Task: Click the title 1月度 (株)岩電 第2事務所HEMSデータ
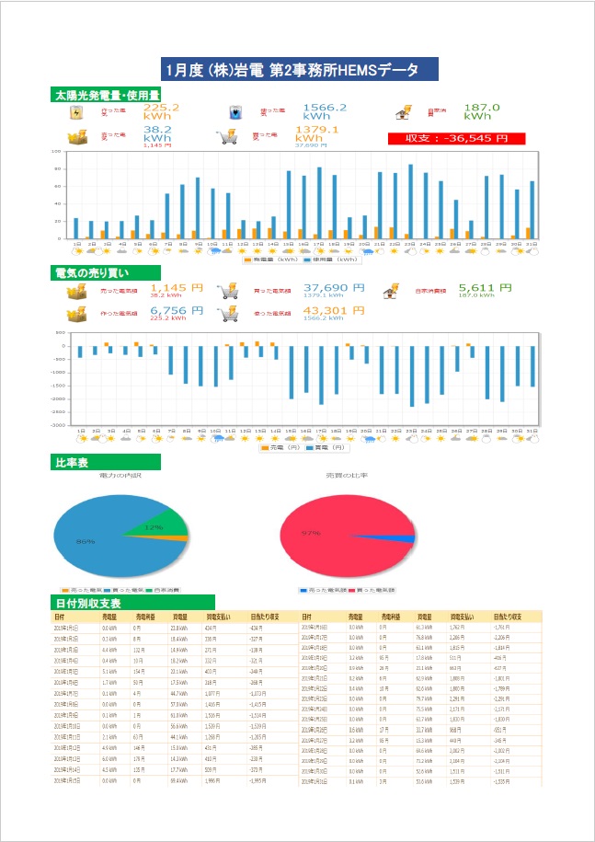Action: pyautogui.click(x=296, y=70)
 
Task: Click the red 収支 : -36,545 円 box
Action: pyautogui.click(x=457, y=139)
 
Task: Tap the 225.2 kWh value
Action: pyautogui.click(x=162, y=111)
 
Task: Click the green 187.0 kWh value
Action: pyautogui.click(x=482, y=111)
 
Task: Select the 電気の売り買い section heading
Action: pyautogui.click(x=98, y=273)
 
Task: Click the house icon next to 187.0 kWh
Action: pyautogui.click(x=402, y=114)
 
